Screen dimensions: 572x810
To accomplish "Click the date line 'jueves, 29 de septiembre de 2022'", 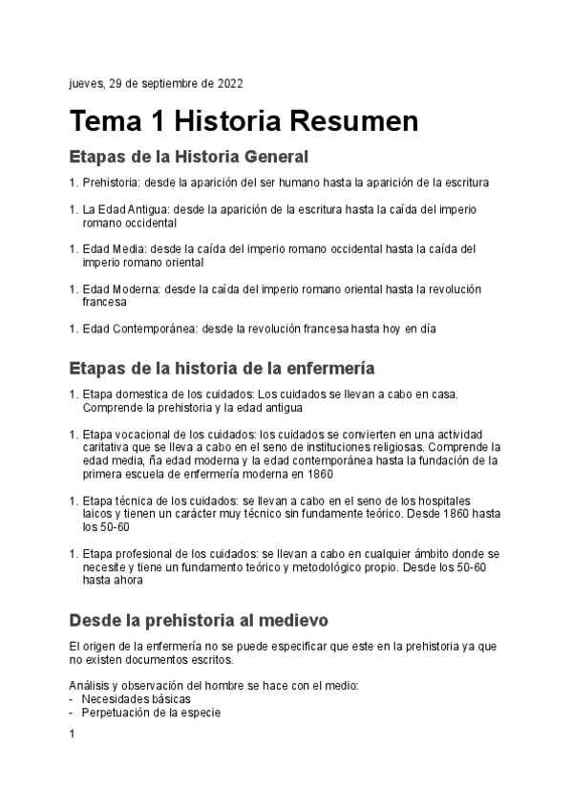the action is (157, 84).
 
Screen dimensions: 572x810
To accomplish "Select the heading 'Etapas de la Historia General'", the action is (189, 156).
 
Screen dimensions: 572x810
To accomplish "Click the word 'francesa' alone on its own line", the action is (104, 302).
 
